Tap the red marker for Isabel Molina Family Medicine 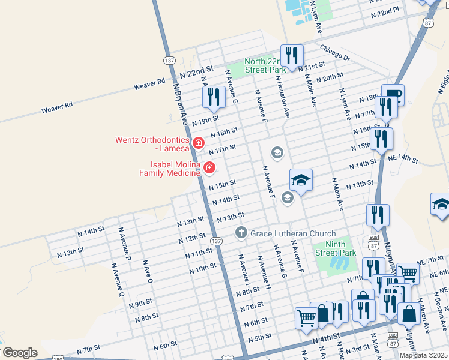pyautogui.click(x=209, y=168)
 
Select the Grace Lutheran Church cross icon pyautogui.click(x=241, y=233)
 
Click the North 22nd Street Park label pyautogui.click(x=265, y=65)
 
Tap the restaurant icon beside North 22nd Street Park pyautogui.click(x=292, y=56)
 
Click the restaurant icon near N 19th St pyautogui.click(x=214, y=97)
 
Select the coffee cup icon pyautogui.click(x=393, y=95)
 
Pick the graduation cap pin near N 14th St pyautogui.click(x=301, y=179)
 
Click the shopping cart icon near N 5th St pyautogui.click(x=306, y=317)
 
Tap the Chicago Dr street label pyautogui.click(x=334, y=52)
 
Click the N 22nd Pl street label pyautogui.click(x=384, y=12)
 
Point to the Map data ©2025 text pyautogui.click(x=423, y=355)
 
